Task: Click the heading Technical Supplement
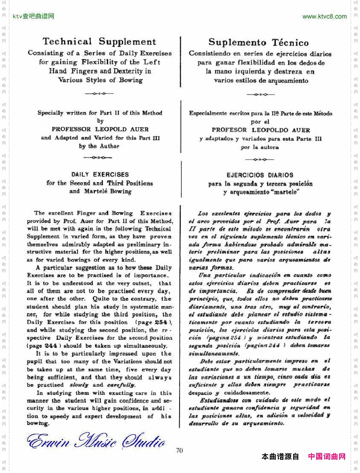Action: click(99, 42)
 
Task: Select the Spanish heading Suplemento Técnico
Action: click(258, 43)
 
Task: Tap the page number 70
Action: click(179, 450)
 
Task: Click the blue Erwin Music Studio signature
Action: click(96, 441)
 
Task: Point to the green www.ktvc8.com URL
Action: click(324, 17)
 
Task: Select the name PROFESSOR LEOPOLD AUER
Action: click(100, 129)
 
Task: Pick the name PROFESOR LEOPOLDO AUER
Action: click(261, 130)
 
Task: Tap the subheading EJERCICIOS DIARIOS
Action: click(260, 175)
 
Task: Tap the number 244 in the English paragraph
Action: click(51, 346)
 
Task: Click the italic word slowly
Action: click(79, 385)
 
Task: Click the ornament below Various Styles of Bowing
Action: click(99, 93)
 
